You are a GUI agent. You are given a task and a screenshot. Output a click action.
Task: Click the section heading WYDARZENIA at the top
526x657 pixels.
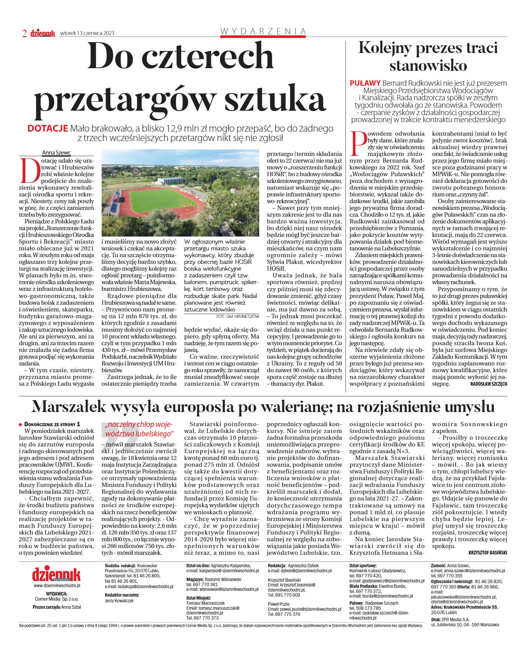pos(263,31)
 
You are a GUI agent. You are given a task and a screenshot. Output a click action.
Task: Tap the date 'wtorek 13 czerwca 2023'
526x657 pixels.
pos(87,33)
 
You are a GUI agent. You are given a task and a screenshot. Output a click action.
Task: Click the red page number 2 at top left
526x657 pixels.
pos(24,33)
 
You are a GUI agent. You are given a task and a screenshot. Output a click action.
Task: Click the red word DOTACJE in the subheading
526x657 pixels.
pos(48,129)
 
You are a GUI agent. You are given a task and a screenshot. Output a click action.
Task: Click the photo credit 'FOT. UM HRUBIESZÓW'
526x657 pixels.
pos(238,317)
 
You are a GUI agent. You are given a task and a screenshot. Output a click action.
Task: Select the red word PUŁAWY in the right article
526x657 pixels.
pos(365,83)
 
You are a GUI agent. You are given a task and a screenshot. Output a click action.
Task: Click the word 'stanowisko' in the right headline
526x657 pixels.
pos(428,65)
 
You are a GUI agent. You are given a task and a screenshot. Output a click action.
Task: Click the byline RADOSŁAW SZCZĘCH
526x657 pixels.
pos(488,384)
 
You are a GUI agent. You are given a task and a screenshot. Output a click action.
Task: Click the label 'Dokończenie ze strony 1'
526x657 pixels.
pos(52,424)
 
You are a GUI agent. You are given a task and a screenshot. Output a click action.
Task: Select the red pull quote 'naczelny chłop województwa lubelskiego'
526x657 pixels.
pos(138,429)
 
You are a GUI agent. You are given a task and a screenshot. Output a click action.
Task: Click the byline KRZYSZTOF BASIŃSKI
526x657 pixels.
pos(488,553)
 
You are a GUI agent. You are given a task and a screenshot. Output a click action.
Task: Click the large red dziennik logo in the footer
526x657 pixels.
pos(56,574)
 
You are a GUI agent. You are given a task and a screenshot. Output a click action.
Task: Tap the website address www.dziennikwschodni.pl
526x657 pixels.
pos(57,586)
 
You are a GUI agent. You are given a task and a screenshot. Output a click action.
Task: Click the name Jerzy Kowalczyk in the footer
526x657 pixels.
pos(119,601)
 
